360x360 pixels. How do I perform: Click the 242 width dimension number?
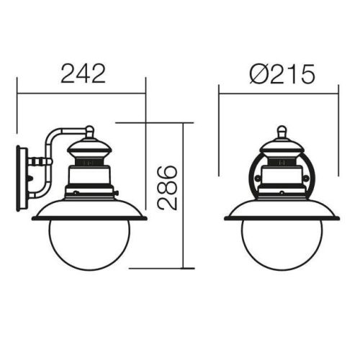pos(84,73)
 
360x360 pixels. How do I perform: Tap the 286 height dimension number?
pos(167,188)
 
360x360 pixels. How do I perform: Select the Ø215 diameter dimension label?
pos(282,74)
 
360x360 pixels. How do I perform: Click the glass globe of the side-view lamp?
pos(89,245)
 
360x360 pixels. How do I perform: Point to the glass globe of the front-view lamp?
pos(282,245)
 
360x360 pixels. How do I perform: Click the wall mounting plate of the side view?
pos(22,179)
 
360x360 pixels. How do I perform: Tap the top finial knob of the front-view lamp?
pos(282,132)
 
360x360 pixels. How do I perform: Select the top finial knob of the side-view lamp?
pos(90,132)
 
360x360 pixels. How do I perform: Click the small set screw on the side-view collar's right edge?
pos(117,192)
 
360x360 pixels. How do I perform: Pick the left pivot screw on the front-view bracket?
pos(257,178)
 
